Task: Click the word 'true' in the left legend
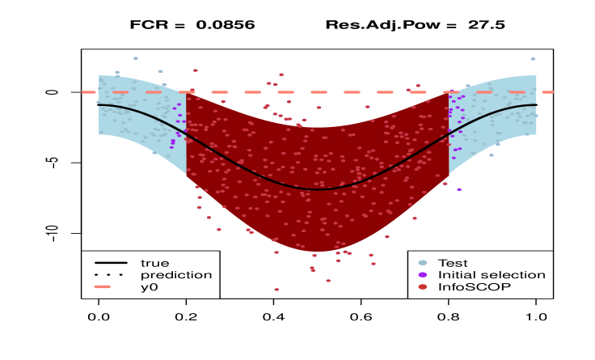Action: pos(154,263)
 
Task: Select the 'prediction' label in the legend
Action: pos(175,275)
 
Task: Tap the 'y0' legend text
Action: pos(149,287)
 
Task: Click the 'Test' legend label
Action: pos(453,263)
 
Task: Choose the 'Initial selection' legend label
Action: pos(491,275)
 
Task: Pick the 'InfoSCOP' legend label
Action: pos(474,287)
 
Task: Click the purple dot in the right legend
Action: pos(423,275)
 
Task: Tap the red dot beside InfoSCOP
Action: pos(423,287)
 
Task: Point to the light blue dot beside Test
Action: pos(423,263)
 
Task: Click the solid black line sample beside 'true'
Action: pos(111,263)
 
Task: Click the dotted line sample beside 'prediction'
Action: pos(111,275)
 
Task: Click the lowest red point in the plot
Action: pos(276,289)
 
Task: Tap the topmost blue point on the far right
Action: pos(533,59)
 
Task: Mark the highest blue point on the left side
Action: pos(135,58)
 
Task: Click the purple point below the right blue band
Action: pos(459,189)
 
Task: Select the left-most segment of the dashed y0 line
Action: pos(89,92)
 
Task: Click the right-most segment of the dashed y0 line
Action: pos(547,92)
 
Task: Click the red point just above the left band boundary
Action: pos(195,70)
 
